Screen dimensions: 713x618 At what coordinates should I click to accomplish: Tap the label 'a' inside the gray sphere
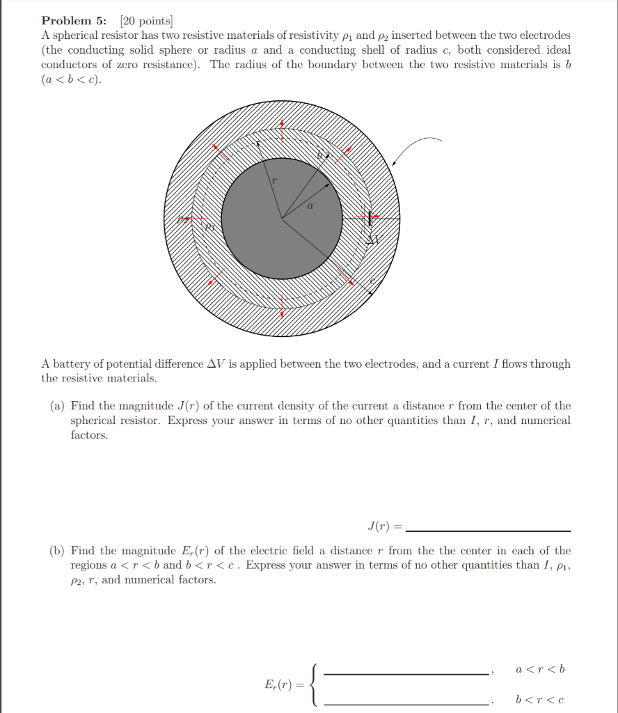coord(310,206)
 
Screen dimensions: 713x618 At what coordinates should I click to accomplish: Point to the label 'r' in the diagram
coord(274,180)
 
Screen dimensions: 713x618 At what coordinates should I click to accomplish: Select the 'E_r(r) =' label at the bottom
coord(285,685)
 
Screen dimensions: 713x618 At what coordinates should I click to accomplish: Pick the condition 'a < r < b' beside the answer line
coord(540,669)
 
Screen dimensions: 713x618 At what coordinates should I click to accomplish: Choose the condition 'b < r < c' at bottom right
coord(540,699)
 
